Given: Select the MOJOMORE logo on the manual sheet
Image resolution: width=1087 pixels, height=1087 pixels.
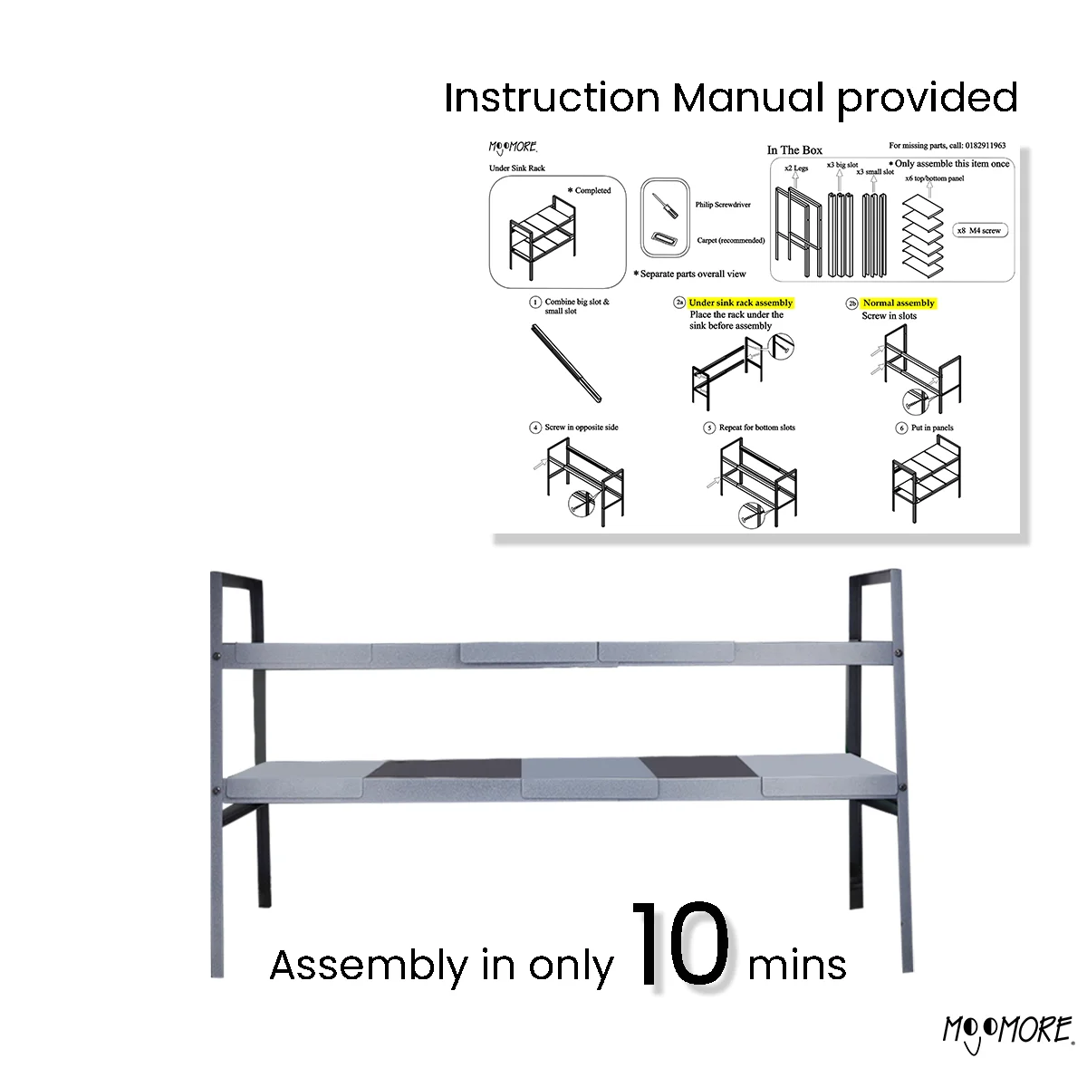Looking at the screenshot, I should pyautogui.click(x=514, y=148).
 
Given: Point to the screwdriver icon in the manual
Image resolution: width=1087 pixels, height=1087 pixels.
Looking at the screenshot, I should pyautogui.click(x=665, y=205).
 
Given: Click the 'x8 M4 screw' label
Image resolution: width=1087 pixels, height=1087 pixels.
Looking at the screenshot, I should pyautogui.click(x=979, y=231).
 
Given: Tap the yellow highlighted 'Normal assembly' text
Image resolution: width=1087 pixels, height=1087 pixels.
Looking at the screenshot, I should pyautogui.click(x=899, y=303).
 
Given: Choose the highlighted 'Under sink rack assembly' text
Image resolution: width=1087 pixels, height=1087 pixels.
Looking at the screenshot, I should pyautogui.click(x=740, y=303).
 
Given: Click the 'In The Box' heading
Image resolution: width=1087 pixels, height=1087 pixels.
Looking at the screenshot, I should pyautogui.click(x=794, y=150).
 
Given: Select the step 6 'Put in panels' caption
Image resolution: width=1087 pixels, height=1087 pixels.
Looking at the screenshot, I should pyautogui.click(x=932, y=428).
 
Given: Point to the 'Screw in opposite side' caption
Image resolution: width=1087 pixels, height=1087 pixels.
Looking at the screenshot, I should pyautogui.click(x=582, y=428).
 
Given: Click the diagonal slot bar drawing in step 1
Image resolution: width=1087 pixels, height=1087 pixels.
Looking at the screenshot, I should pyautogui.click(x=566, y=362).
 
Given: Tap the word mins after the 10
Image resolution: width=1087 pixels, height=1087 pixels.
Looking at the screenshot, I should pyautogui.click(x=797, y=966).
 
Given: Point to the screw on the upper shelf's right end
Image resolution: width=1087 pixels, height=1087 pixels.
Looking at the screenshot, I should pyautogui.click(x=897, y=652).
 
